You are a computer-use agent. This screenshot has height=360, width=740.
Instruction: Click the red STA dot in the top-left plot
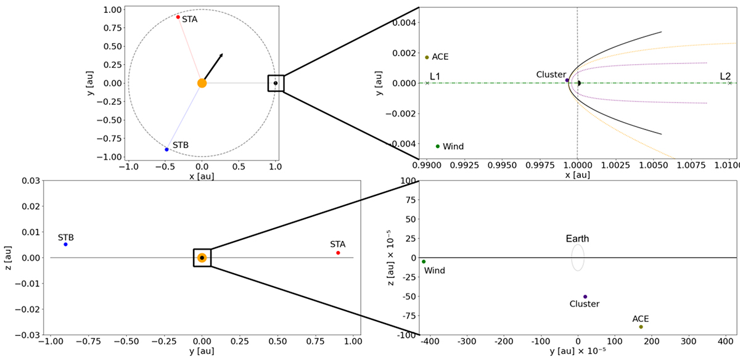[x=178, y=17]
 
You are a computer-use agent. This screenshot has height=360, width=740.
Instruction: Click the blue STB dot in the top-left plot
[x=166, y=149]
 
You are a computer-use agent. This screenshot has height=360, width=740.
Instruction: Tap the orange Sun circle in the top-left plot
[x=202, y=83]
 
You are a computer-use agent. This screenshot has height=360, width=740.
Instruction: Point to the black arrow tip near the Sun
[x=222, y=54]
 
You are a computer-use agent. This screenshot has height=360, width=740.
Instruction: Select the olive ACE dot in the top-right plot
[x=427, y=57]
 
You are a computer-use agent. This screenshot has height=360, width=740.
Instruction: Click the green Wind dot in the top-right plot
[x=438, y=146]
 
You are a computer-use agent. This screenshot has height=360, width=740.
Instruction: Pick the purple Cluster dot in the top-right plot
[x=567, y=80]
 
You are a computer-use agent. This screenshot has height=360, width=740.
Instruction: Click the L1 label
[x=435, y=76]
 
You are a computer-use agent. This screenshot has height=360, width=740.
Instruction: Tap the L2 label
[x=725, y=76]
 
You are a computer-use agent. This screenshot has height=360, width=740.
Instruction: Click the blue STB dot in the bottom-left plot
[x=65, y=244]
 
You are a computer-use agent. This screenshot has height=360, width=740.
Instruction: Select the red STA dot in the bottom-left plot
[x=338, y=253]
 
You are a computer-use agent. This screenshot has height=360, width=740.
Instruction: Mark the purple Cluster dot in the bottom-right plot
[x=585, y=297]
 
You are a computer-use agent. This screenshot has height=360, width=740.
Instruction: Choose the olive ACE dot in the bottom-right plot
[x=641, y=327]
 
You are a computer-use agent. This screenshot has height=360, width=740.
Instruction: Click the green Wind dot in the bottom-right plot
[x=424, y=261]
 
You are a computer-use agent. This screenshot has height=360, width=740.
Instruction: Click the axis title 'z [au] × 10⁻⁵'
[x=384, y=258]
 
